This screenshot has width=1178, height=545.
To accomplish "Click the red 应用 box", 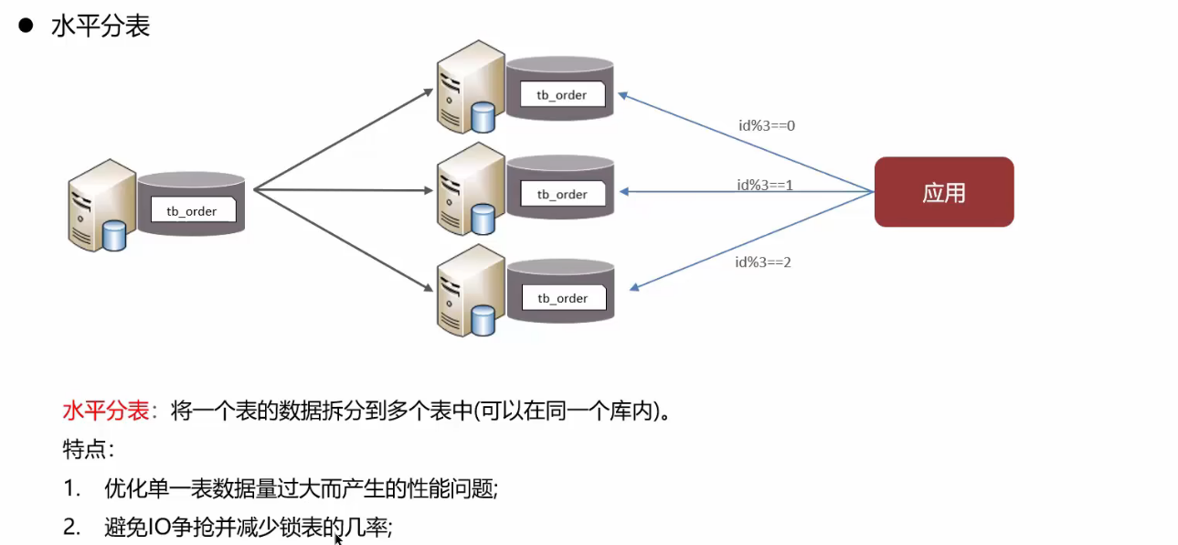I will pos(943,192).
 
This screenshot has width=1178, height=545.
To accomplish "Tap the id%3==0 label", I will pos(767,125).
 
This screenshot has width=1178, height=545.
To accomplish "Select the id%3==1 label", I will pos(765,185).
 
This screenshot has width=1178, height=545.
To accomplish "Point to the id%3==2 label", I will pos(763,262).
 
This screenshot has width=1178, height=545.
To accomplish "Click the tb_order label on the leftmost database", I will pos(192,211).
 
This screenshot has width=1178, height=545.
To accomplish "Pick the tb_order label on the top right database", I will pos(562,95).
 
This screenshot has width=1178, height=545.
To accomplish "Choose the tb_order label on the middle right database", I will pos(562,194).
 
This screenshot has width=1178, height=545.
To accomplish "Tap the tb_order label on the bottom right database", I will pos(562,298).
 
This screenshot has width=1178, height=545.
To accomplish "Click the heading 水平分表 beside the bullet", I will pos(101,26).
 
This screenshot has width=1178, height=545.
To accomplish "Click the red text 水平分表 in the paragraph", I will pos(105,411).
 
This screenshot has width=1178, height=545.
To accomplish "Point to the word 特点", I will pos(86,450).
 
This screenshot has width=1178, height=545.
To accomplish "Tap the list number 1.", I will pos(70,489).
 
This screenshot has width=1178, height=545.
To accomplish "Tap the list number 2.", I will pos(71,528).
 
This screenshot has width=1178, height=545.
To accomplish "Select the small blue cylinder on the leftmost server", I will pos(114,235).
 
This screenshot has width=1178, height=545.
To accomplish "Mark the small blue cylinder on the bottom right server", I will pos(483,321).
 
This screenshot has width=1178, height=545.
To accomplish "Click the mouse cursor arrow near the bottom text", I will pos(338,540).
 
